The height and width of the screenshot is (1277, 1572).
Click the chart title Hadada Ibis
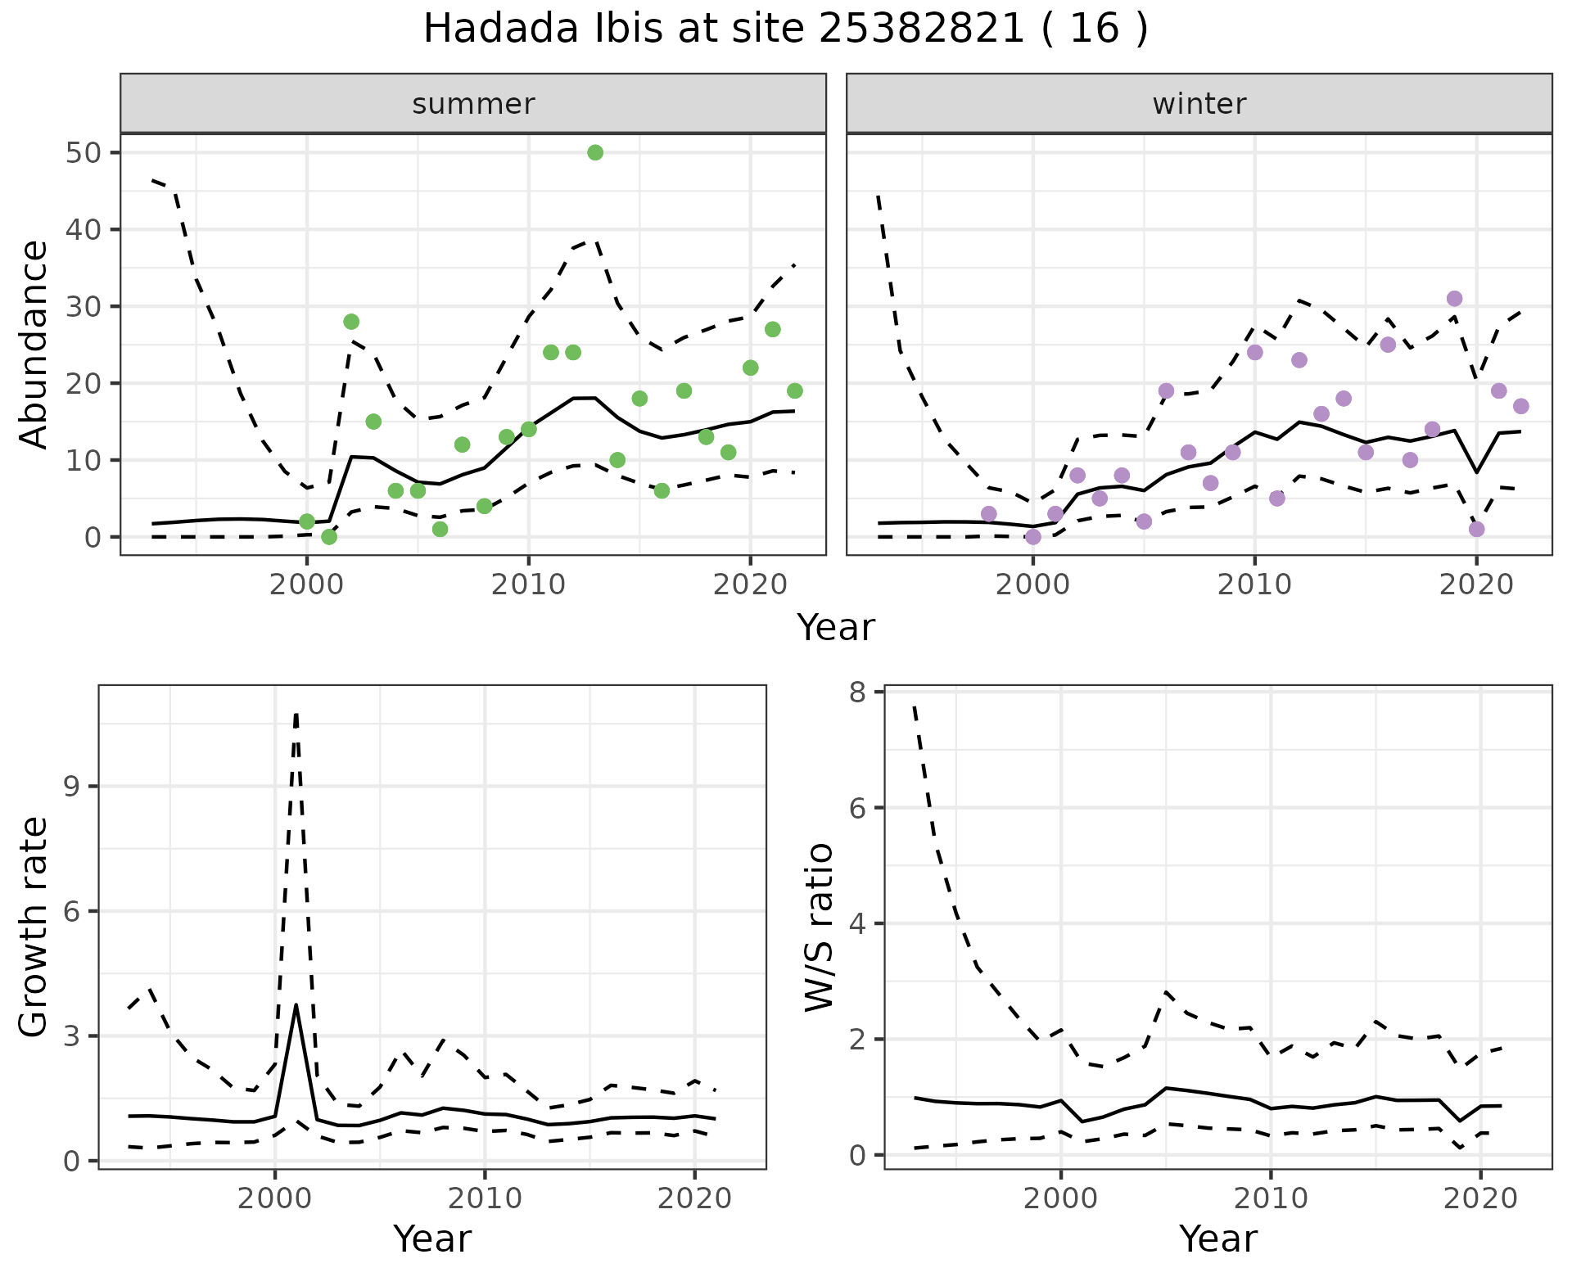[784, 29]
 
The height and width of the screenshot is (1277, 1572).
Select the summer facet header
[473, 104]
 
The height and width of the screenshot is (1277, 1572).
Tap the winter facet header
[1199, 104]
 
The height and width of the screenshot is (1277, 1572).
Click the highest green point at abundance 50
[595, 153]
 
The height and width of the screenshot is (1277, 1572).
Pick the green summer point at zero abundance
[329, 537]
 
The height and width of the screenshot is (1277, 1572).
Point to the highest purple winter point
[1454, 299]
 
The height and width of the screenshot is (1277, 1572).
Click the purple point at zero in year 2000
[1033, 537]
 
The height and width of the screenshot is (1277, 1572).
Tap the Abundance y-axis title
[34, 344]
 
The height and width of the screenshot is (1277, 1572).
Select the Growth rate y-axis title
[34, 927]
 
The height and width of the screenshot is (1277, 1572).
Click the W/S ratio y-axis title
[819, 927]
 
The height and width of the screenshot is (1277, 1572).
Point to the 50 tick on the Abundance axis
[81, 153]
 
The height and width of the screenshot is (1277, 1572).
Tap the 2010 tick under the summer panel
[528, 584]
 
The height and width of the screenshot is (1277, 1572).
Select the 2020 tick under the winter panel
[1475, 584]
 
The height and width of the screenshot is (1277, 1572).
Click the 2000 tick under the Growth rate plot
[274, 1198]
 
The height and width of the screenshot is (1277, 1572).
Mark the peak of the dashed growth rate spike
[296, 714]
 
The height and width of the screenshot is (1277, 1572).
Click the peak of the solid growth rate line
[296, 1005]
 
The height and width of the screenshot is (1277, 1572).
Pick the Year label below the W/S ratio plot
[1217, 1239]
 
